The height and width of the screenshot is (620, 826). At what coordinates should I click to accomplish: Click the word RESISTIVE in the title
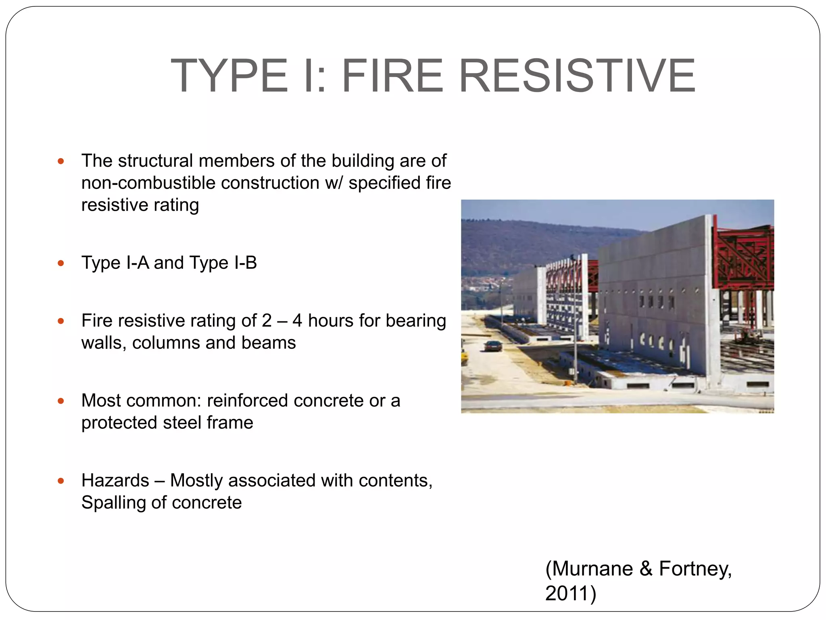tap(577, 76)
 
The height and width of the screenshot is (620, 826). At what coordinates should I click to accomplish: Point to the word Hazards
tap(115, 481)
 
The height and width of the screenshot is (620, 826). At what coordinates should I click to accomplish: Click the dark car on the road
tap(492, 346)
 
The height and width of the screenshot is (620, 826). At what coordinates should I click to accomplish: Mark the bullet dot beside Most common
tap(61, 401)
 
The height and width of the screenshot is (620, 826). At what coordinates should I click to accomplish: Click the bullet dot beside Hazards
tap(61, 481)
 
